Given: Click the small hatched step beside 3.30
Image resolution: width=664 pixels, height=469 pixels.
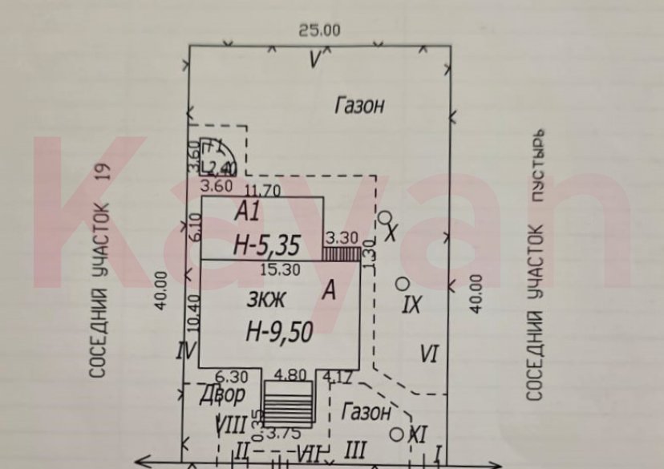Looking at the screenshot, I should [x=340, y=253].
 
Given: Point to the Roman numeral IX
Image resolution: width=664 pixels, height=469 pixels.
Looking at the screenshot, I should [x=411, y=304].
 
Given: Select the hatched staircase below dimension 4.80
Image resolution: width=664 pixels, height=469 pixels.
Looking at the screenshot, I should [x=287, y=402].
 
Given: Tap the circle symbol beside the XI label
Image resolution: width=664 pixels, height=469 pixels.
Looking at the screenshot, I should [x=396, y=434].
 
